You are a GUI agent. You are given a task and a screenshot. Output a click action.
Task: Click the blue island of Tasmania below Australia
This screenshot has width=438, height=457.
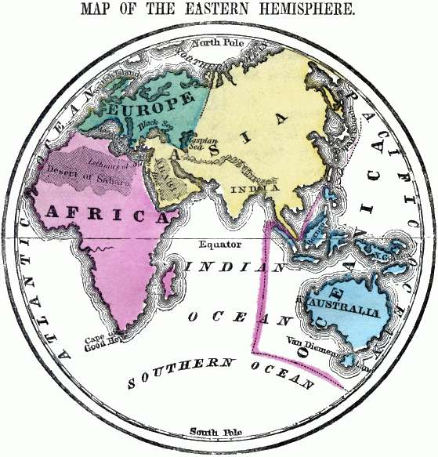(x=346, y=360)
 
